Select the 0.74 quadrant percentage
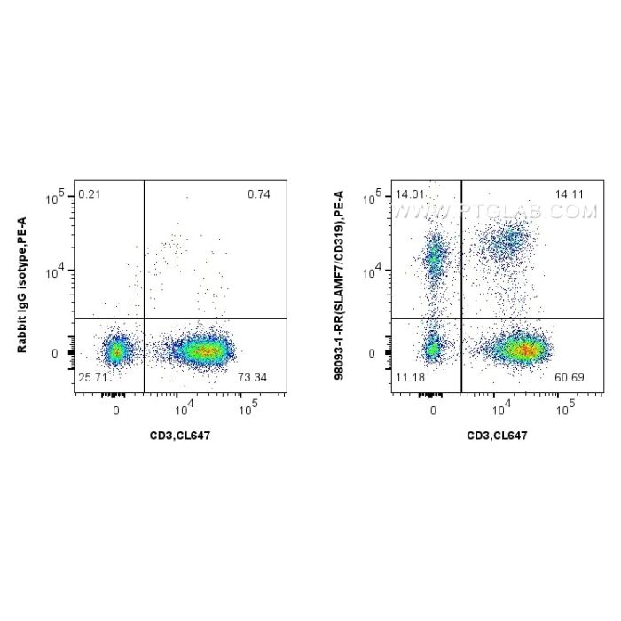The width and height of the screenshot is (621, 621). coord(259,194)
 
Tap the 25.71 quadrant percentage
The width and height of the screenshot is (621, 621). coord(91,379)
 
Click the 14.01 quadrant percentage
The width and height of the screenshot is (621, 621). coord(410,194)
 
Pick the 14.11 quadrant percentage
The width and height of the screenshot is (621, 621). coord(570,194)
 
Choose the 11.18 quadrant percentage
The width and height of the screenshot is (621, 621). coord(410,379)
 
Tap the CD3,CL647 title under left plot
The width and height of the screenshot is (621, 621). coord(180,435)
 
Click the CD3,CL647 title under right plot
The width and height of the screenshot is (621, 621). coord(498,435)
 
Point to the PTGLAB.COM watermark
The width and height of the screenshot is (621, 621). coord(497,211)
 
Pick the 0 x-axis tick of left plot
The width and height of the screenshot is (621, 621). coord(116,411)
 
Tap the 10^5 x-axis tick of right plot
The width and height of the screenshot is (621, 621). coord(564,411)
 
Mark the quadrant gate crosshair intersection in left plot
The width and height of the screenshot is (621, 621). coord(144,318)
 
